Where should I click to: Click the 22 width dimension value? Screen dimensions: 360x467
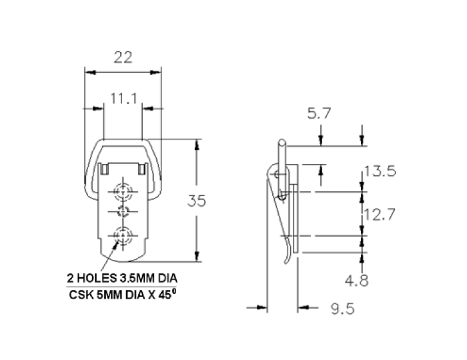(123, 57)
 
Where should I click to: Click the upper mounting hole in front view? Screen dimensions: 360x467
(122, 191)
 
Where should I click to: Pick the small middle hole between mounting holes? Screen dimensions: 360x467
(122, 212)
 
